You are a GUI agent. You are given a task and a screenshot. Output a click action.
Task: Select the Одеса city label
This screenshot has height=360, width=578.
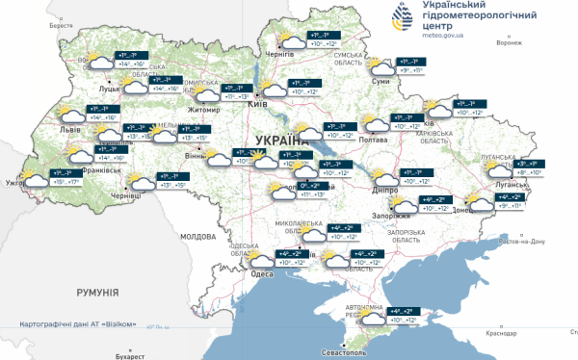pyautogui.click(x=262, y=274)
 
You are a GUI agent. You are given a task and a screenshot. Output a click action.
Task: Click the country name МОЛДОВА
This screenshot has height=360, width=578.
pyautogui.click(x=198, y=236)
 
